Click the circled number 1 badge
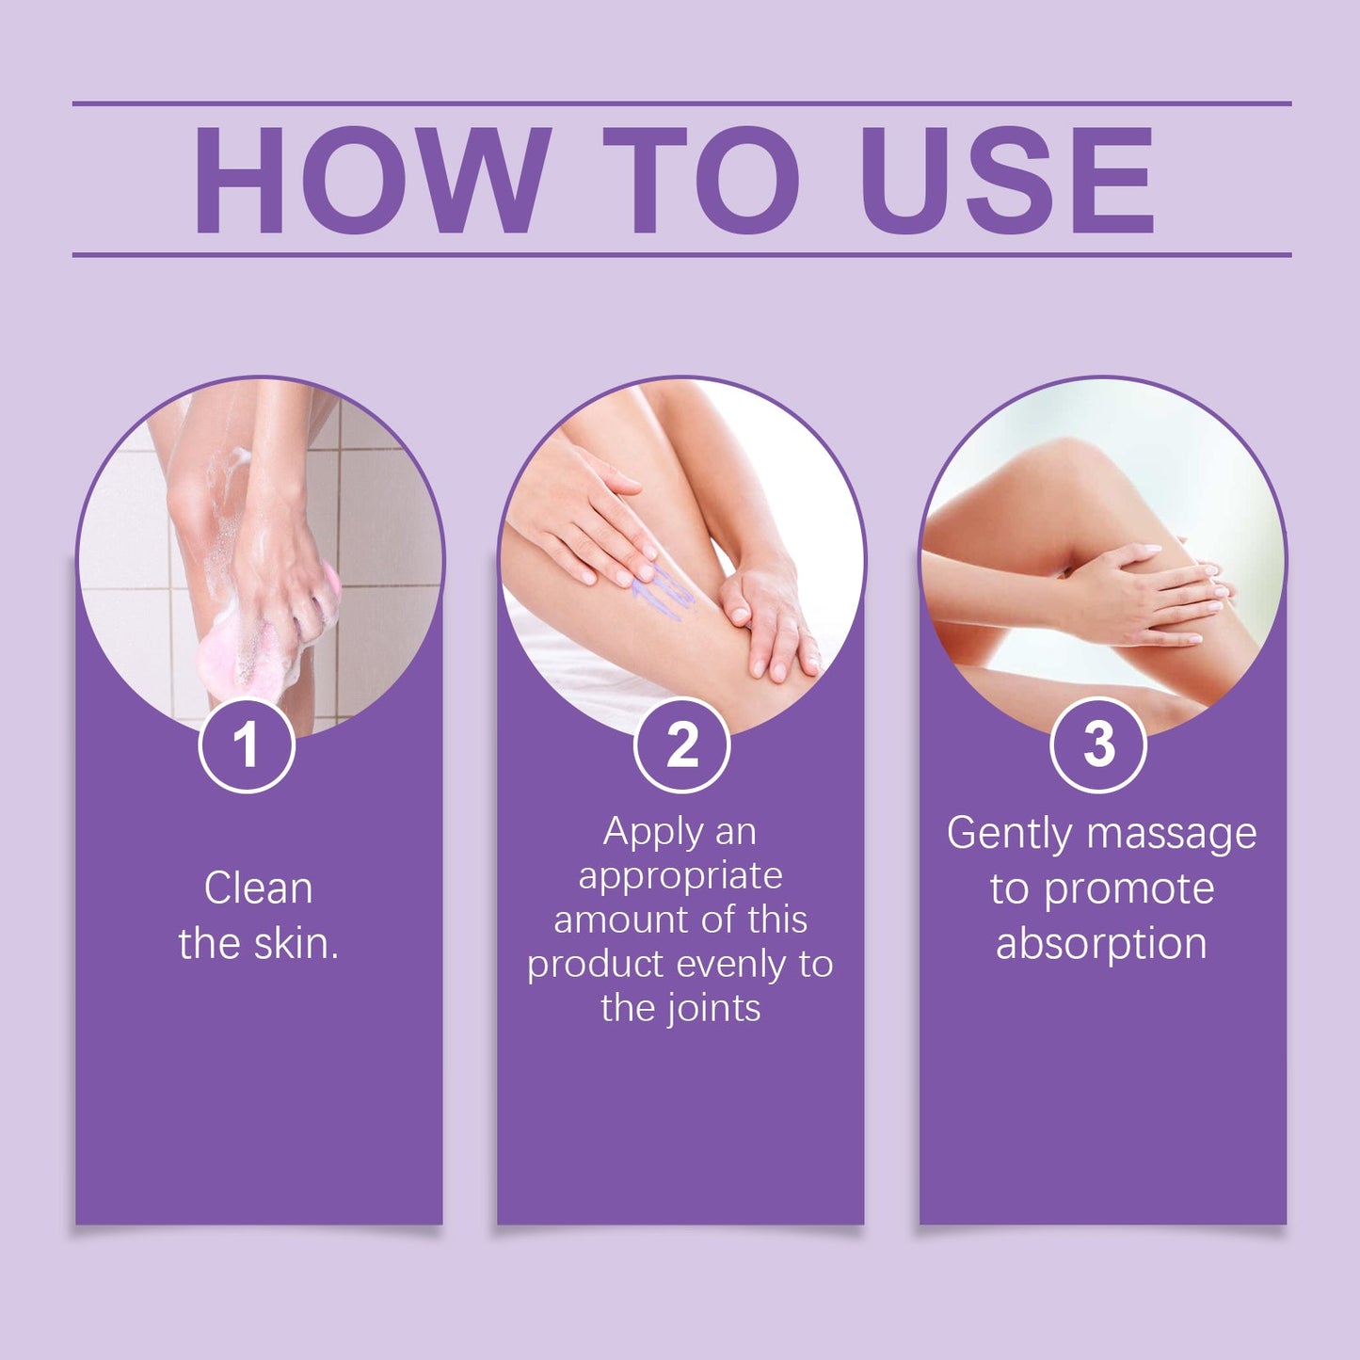[x=247, y=744]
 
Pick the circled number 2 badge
[x=681, y=744]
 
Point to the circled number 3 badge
[x=1097, y=744]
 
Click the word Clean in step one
[x=258, y=888]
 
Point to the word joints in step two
[x=713, y=1009]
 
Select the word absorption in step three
[x=1101, y=944]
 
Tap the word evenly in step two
[x=732, y=965]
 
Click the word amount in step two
[x=614, y=920]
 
